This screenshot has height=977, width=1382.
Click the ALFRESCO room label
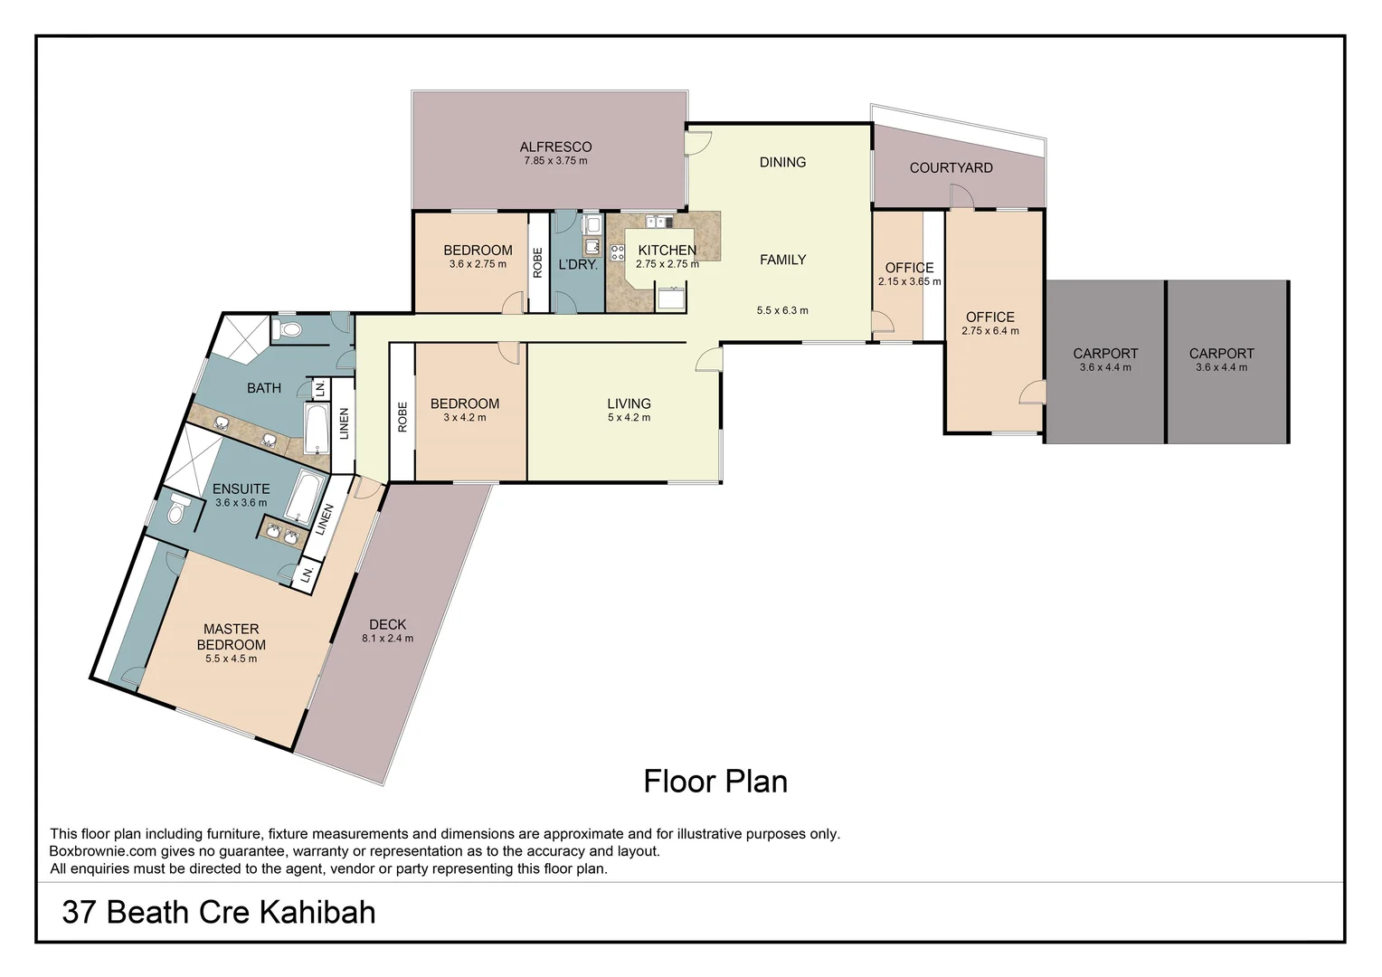tap(555, 147)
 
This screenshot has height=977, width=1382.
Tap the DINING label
tap(782, 162)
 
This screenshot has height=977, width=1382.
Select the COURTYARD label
tap(951, 167)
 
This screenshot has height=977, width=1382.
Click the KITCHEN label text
tap(667, 251)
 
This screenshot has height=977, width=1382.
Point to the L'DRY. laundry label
tap(577, 265)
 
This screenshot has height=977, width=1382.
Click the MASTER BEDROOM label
tap(231, 637)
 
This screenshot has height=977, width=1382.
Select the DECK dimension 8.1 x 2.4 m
tap(387, 639)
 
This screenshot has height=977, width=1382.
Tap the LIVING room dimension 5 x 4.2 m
tap(629, 418)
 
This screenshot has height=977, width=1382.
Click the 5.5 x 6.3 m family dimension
tap(782, 310)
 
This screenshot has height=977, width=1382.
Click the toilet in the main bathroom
tap(288, 329)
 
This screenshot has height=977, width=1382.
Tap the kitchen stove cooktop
tap(618, 252)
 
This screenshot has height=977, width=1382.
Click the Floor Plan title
tap(715, 782)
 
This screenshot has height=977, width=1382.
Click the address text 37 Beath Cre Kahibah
tap(219, 912)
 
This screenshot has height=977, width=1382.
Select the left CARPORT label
tap(1105, 354)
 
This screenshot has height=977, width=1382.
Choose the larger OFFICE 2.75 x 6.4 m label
tap(989, 318)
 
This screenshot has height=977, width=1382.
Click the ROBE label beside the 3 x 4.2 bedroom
tap(402, 416)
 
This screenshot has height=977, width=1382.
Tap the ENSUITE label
tap(241, 488)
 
